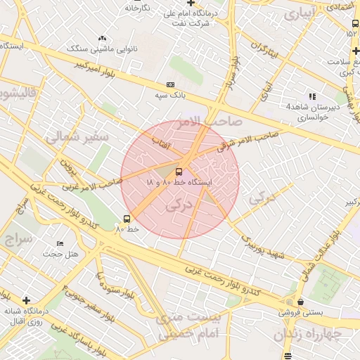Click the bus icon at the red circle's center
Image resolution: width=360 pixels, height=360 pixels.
point(179,172)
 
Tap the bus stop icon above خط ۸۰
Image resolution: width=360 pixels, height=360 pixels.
point(127,219)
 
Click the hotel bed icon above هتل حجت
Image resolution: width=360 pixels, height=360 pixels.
point(60,243)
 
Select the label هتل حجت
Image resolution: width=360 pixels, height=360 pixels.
point(60,253)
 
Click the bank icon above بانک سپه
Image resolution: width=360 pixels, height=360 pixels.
point(169,84)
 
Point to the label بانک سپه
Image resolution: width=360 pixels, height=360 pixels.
point(169,94)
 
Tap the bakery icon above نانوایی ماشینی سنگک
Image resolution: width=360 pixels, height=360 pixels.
point(103,39)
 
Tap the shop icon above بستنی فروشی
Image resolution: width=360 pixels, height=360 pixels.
point(300,302)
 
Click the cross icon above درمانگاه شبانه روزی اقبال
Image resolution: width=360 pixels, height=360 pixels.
point(26,300)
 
